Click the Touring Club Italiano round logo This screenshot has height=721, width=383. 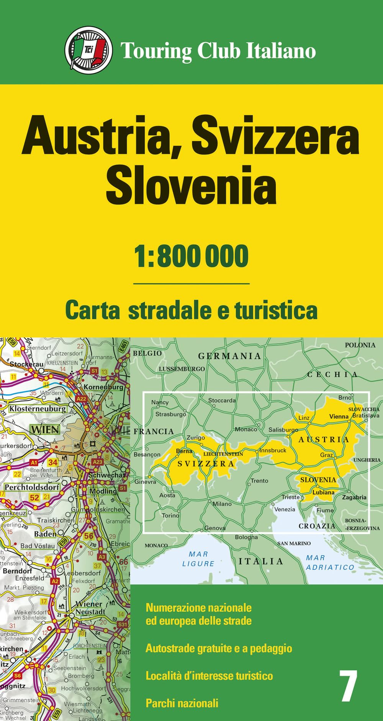coord(88,50)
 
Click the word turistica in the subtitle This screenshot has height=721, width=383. coord(276,311)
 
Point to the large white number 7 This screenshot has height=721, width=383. coord(349,686)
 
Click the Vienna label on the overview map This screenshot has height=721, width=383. coord(339,416)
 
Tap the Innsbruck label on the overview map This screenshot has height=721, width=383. coord(273,450)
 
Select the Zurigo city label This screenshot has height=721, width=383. coord(196,438)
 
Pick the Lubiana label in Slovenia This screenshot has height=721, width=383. coord(323,492)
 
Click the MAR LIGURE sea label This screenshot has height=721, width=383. coord(198,559)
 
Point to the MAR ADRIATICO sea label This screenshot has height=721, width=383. coord(330,563)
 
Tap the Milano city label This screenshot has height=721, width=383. coord(222,504)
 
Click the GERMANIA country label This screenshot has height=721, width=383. coord(229,356)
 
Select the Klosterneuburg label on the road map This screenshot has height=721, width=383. coord(38,409)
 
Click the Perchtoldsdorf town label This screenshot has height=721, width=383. coord(32,487)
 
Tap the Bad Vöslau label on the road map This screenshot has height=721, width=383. coord(38,546)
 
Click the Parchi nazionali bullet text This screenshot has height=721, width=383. coord(182,703)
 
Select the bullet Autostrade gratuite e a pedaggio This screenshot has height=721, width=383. coord(219,648)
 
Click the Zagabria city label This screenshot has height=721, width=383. coord(354,497)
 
